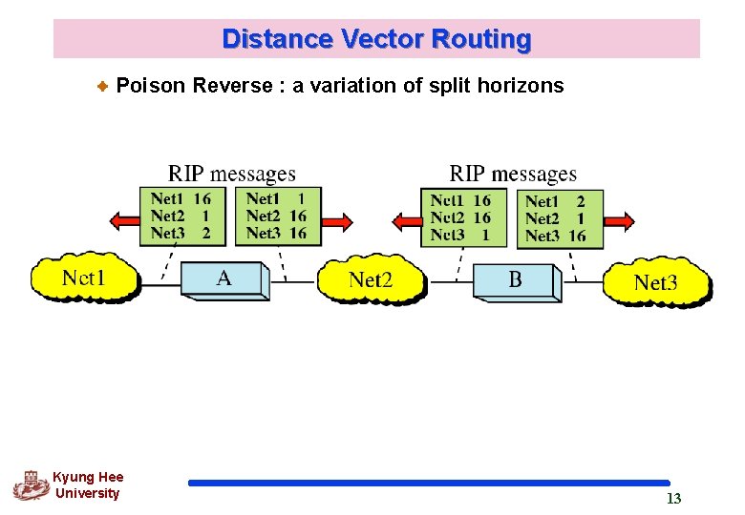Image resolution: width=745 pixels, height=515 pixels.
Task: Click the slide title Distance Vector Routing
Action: pyautogui.click(x=376, y=39)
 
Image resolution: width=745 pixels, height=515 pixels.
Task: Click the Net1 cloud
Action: pyautogui.click(x=83, y=278)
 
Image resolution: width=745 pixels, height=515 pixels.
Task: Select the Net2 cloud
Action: pyautogui.click(x=371, y=279)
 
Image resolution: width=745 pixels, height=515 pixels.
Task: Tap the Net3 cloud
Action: pyautogui.click(x=655, y=281)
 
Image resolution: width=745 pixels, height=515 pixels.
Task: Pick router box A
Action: pyautogui.click(x=224, y=278)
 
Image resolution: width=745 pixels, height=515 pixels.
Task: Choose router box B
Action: pyautogui.click(x=515, y=280)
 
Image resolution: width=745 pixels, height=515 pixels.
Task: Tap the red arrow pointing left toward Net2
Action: pyautogui.click(x=405, y=221)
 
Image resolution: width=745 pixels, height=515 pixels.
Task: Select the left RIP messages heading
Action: pyautogui.click(x=232, y=174)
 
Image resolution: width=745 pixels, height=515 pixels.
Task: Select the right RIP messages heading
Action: pyautogui.click(x=513, y=174)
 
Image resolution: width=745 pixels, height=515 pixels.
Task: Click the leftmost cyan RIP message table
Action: pyautogui.click(x=181, y=216)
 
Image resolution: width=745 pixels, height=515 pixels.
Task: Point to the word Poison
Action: pyautogui.click(x=150, y=86)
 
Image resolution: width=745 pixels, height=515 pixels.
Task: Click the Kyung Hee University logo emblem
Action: pyautogui.click(x=31, y=484)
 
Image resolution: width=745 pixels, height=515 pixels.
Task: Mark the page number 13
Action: pyautogui.click(x=673, y=499)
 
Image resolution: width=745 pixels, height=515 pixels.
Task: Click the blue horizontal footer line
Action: pyautogui.click(x=429, y=484)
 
